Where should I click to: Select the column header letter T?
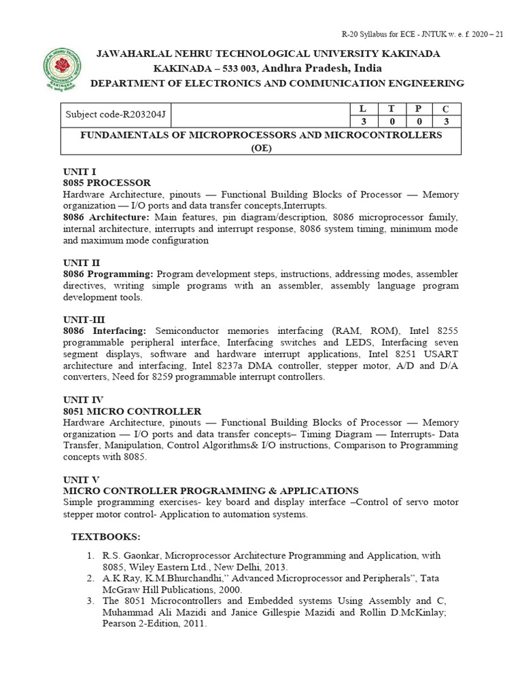click(391, 109)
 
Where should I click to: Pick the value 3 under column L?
click(362, 121)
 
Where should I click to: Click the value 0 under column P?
click(419, 121)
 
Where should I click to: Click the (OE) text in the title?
click(261, 149)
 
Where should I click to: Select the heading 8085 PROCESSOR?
click(107, 183)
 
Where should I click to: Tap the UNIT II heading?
click(81, 262)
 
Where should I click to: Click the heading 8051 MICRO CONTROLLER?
click(132, 411)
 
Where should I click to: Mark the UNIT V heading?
click(80, 479)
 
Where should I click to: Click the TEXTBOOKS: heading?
click(106, 537)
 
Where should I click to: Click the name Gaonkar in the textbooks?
click(142, 555)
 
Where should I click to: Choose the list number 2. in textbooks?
click(90, 578)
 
